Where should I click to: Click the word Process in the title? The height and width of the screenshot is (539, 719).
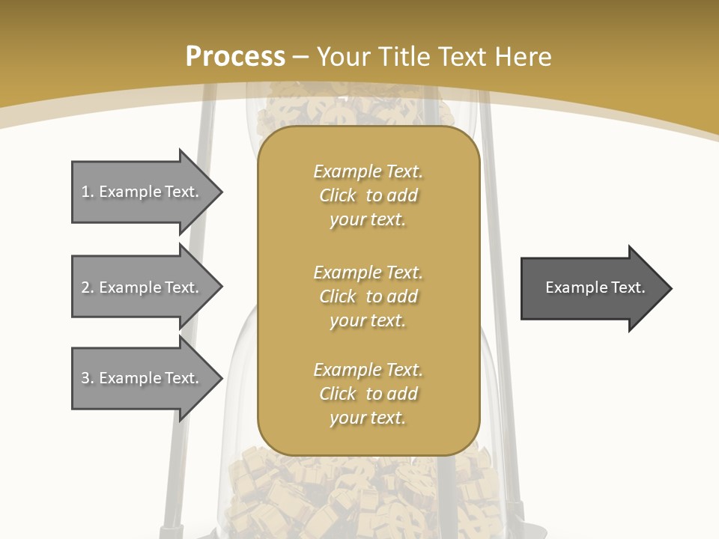click(x=235, y=56)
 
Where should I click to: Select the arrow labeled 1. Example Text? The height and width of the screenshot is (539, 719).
click(x=142, y=192)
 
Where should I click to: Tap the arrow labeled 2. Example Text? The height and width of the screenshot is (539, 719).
click(x=142, y=287)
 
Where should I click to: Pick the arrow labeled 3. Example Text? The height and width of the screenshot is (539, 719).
click(x=142, y=378)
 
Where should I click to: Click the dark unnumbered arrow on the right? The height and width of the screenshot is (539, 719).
click(x=592, y=287)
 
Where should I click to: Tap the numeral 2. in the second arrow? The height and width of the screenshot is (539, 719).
click(x=87, y=287)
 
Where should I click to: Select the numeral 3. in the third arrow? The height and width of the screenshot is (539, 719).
click(x=87, y=378)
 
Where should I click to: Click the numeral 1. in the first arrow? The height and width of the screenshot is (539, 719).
click(x=87, y=192)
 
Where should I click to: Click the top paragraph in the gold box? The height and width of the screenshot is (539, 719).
click(x=368, y=195)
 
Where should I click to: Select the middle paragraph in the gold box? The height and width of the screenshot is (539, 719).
click(x=368, y=296)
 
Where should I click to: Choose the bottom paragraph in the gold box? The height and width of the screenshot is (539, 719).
click(x=368, y=394)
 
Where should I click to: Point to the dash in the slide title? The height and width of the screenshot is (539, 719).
click(x=301, y=57)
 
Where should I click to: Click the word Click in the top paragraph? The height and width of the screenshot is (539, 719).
click(x=338, y=195)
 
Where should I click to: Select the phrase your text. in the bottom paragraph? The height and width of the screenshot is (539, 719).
click(x=368, y=418)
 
